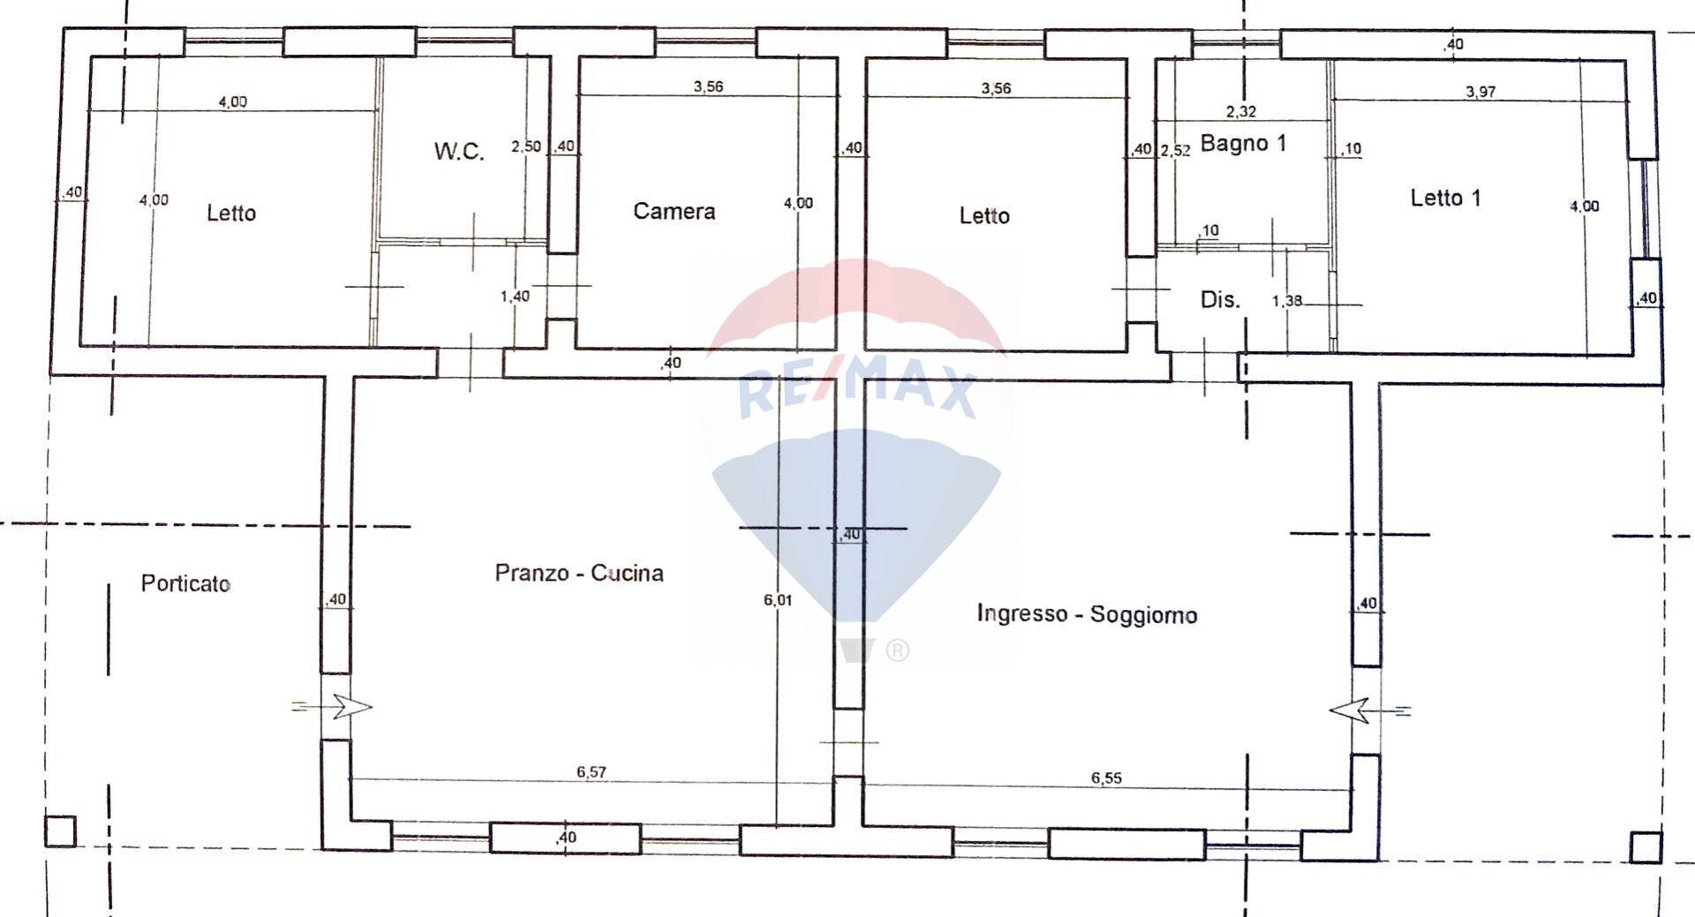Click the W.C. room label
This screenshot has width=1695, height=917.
(459, 151)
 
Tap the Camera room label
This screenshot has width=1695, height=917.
(674, 211)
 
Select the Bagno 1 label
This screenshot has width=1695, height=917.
(1243, 143)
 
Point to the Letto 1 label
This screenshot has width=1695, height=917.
(1445, 198)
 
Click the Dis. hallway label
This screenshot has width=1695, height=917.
(1220, 299)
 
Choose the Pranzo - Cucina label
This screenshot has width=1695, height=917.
(578, 573)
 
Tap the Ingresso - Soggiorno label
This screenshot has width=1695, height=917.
(1087, 613)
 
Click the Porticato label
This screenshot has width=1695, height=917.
(185, 583)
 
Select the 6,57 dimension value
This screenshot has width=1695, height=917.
(591, 772)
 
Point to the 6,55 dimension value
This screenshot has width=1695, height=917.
(1106, 778)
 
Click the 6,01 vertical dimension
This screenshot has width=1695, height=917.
(778, 600)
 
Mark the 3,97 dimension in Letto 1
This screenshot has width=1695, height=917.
(1480, 92)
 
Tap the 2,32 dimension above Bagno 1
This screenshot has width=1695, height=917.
(1240, 111)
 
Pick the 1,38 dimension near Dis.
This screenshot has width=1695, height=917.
(1286, 301)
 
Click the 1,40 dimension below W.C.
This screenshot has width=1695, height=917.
(515, 297)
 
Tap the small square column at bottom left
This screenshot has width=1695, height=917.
(60, 831)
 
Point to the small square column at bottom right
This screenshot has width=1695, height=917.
(1646, 847)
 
